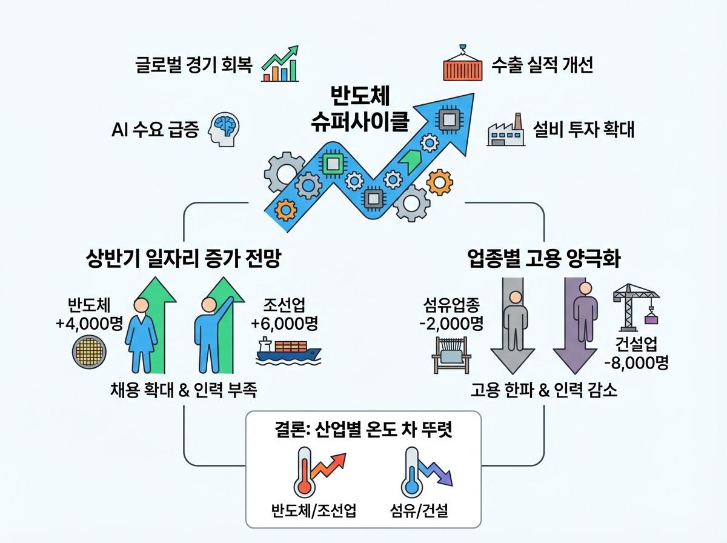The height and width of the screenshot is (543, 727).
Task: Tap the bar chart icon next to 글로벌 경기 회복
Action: click(x=281, y=64)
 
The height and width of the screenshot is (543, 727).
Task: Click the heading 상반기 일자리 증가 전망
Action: click(x=184, y=260)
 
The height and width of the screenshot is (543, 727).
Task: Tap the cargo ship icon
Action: click(x=288, y=351)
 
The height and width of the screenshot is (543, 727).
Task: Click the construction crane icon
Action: click(x=636, y=303)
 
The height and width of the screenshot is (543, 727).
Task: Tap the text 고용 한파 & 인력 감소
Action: click(x=544, y=391)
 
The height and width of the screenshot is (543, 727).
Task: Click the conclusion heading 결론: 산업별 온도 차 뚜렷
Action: click(x=363, y=430)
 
